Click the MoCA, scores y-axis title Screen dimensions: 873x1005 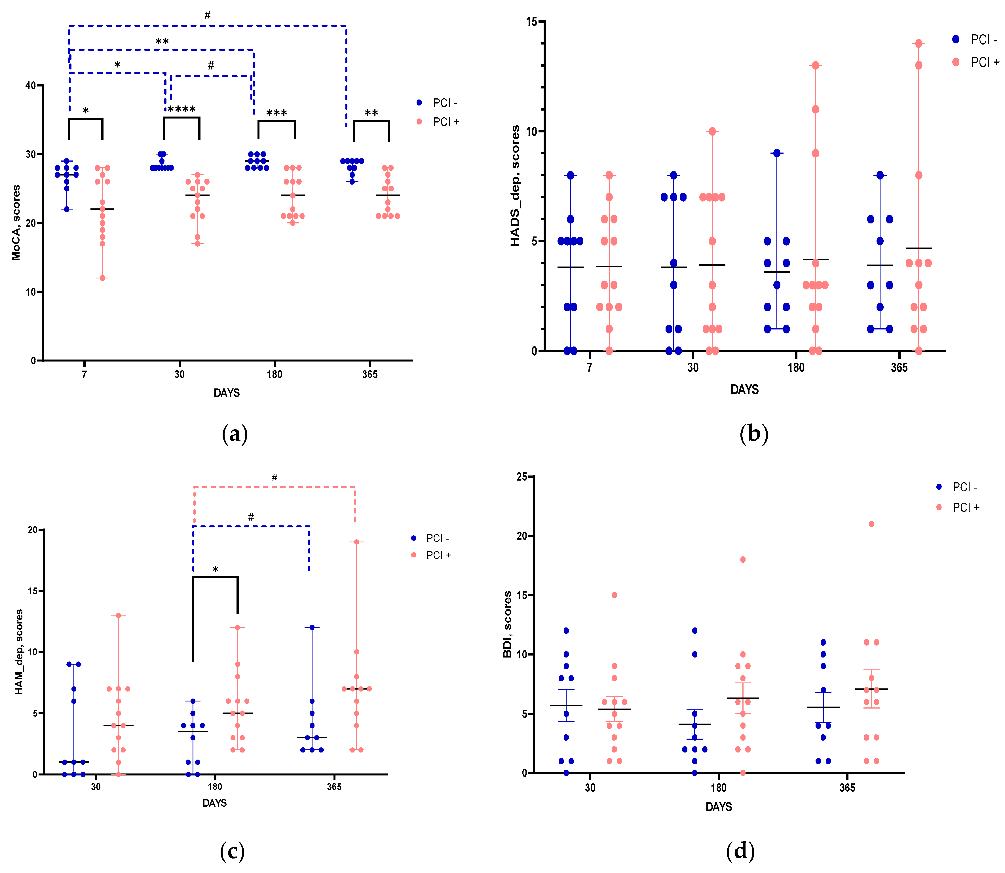pos(16,223)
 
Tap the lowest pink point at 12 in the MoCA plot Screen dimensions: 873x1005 pos(102,278)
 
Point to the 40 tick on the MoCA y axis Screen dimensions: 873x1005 pos(31,86)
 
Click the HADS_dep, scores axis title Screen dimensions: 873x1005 pos(515,186)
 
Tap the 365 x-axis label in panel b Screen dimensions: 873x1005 pos(899,368)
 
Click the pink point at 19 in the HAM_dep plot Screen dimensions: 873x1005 pos(356,542)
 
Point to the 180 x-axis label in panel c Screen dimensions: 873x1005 pos(215,787)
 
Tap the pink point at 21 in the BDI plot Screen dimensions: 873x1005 pos(871,524)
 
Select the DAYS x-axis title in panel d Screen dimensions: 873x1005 pos(719,807)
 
